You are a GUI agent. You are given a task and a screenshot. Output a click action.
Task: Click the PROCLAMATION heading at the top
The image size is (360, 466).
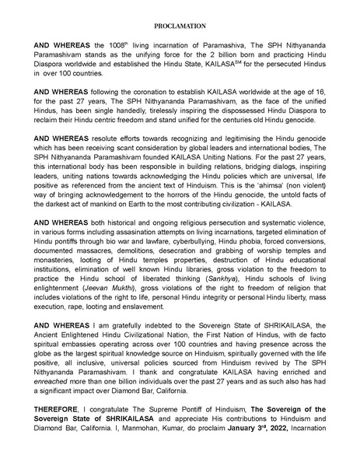click(x=180, y=26)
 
